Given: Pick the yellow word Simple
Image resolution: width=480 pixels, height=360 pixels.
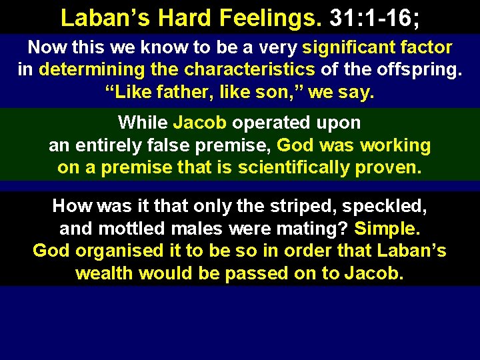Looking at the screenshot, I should [387, 229].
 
